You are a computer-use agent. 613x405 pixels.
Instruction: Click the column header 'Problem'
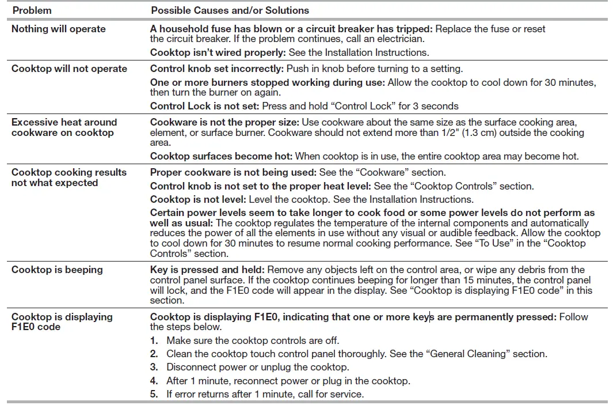(32, 10)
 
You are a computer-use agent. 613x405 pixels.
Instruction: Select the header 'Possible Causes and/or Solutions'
(230, 10)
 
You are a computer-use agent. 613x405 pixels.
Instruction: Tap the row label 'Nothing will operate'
(58, 29)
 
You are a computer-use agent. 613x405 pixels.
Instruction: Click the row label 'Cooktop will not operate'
(69, 69)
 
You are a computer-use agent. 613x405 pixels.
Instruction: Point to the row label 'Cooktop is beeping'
(57, 270)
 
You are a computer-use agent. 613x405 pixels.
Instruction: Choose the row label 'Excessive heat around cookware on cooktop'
(64, 127)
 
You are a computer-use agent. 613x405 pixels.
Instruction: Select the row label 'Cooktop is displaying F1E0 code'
(62, 321)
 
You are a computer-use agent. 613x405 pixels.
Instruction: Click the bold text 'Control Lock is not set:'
(204, 106)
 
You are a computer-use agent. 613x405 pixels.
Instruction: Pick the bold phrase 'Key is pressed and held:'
(207, 270)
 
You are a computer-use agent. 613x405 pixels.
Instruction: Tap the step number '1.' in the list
(154, 340)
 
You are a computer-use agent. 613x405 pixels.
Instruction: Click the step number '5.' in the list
(154, 394)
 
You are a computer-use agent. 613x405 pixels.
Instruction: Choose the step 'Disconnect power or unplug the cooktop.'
(257, 367)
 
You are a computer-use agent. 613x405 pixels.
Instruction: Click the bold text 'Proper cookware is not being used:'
(230, 172)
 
